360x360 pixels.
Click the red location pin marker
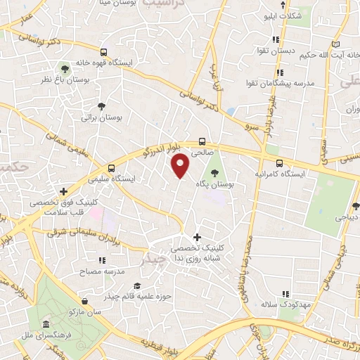181,166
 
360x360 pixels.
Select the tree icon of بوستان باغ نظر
65,68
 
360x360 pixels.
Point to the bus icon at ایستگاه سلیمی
111,167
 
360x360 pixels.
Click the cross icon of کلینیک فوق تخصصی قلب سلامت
63,191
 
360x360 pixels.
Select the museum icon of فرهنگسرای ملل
46,325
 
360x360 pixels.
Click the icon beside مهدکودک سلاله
285,294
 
